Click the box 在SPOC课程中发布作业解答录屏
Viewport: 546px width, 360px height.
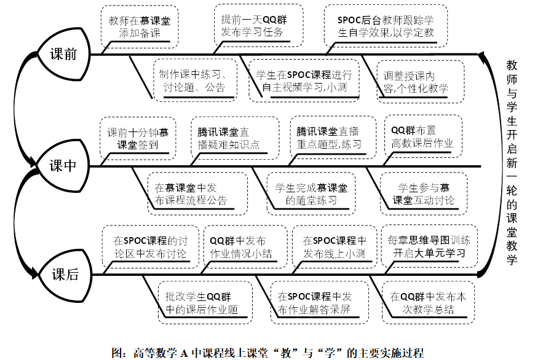coord(313,303)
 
